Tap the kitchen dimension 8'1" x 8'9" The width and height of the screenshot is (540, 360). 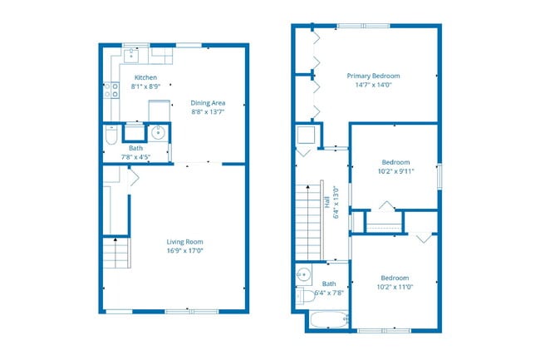pyautogui.click(x=145, y=86)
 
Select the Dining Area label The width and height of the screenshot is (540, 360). pyautogui.click(x=208, y=102)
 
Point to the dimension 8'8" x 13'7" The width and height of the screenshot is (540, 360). pyautogui.click(x=208, y=111)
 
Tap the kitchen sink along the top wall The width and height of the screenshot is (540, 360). pyautogui.click(x=133, y=55)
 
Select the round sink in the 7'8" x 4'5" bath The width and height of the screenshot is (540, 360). pyautogui.click(x=158, y=132)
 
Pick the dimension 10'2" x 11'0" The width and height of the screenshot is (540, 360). pyautogui.click(x=395, y=287)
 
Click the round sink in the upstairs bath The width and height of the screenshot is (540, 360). pyautogui.click(x=303, y=274)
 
